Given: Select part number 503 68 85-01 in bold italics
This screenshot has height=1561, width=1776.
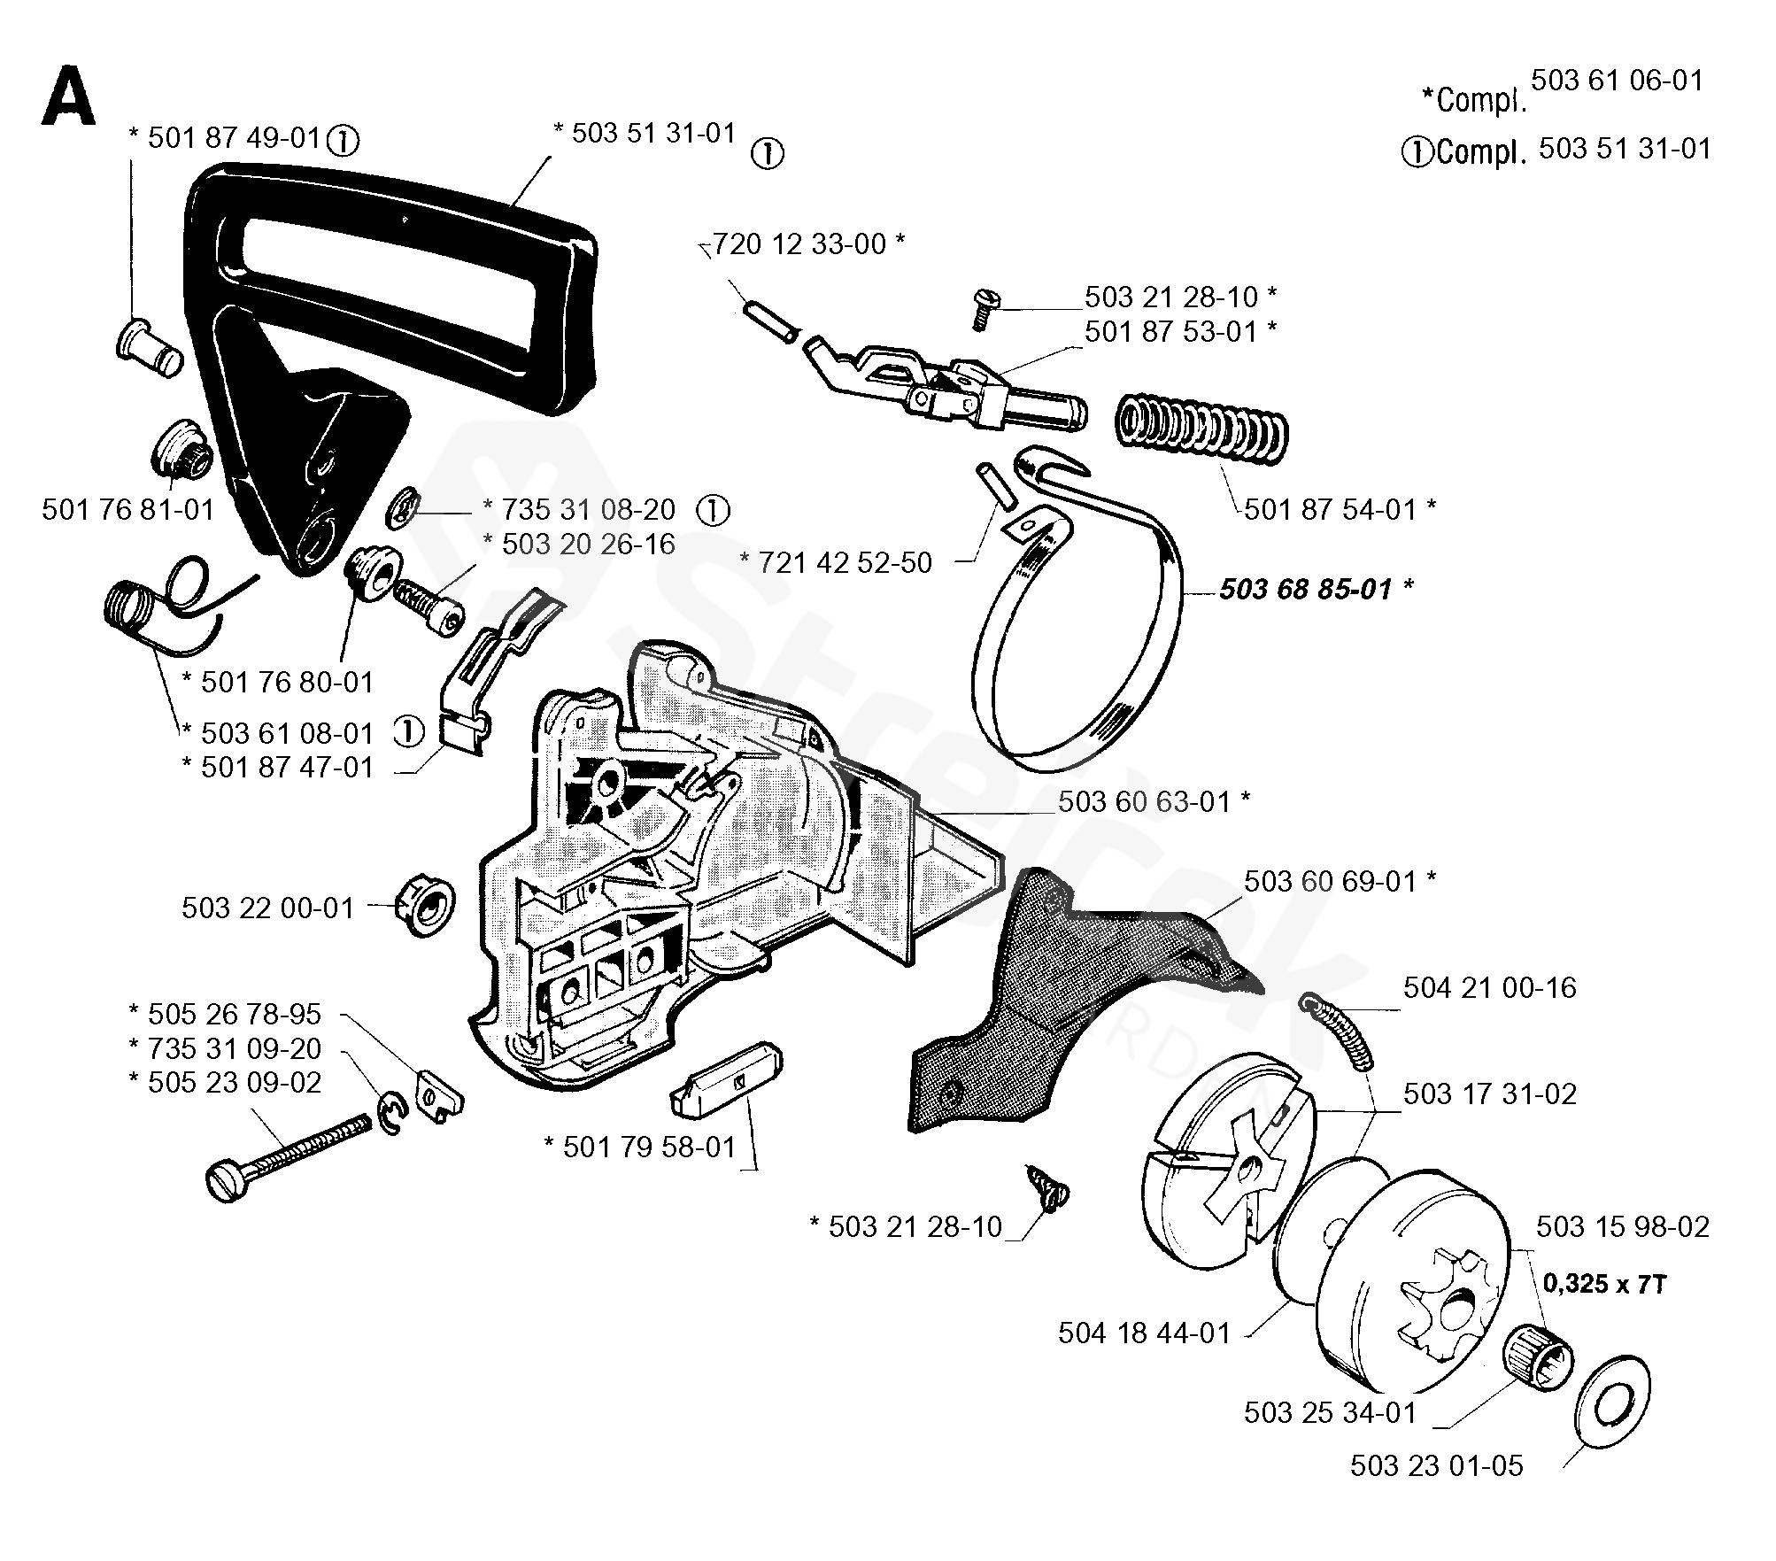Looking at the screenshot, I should tap(1306, 589).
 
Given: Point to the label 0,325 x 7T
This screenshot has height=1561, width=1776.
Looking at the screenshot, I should tap(1604, 1283).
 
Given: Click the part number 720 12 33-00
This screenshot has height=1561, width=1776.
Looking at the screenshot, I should tap(799, 243).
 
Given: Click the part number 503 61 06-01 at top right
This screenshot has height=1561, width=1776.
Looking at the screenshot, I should tap(1618, 81).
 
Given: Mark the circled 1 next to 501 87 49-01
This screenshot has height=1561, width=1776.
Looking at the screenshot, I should tap(343, 140).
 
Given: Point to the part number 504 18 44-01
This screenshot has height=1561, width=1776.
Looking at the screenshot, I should tap(1144, 1333).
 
